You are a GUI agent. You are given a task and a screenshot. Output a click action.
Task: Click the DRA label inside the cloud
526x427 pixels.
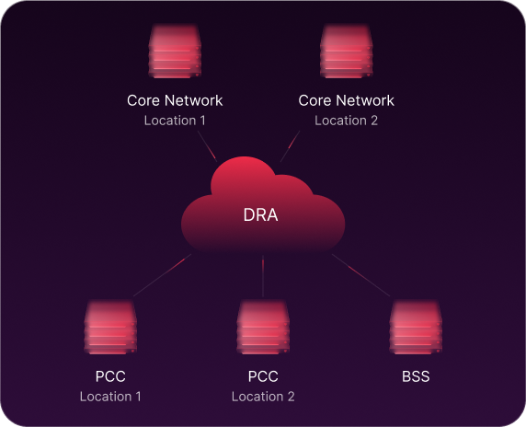pyautogui.click(x=260, y=214)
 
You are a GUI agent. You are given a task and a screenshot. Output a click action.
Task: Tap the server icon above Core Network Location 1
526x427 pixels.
pyautogui.click(x=175, y=51)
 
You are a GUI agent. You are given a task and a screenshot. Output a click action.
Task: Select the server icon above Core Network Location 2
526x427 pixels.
pyautogui.click(x=346, y=51)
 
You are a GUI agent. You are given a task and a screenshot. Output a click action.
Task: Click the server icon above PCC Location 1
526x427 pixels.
pyautogui.click(x=110, y=327)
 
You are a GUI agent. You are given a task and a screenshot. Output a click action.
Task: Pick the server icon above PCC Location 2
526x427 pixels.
pyautogui.click(x=263, y=327)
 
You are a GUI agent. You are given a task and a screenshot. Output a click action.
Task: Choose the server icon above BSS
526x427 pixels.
pyautogui.click(x=416, y=327)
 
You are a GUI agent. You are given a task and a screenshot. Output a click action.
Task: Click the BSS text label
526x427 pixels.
pyautogui.click(x=416, y=376)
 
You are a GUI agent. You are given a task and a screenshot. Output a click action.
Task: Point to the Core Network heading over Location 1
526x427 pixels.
pyautogui.click(x=175, y=100)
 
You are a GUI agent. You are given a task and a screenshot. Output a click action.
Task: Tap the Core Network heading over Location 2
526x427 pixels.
pyautogui.click(x=346, y=100)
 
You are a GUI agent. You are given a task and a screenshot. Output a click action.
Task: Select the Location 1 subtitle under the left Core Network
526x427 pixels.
pyautogui.click(x=175, y=121)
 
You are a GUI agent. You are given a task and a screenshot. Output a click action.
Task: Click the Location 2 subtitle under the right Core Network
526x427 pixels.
pyautogui.click(x=346, y=121)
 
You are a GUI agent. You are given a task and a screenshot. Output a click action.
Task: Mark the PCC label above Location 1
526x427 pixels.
pyautogui.click(x=110, y=376)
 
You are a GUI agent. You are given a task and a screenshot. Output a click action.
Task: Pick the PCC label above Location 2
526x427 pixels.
pyautogui.click(x=263, y=376)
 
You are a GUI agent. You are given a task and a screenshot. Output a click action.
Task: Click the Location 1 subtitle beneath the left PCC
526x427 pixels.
pyautogui.click(x=110, y=397)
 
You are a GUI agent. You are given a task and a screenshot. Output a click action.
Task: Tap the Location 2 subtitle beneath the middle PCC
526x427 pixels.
pyautogui.click(x=263, y=397)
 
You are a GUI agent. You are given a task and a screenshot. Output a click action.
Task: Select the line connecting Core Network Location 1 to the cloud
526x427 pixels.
pyautogui.click(x=207, y=146)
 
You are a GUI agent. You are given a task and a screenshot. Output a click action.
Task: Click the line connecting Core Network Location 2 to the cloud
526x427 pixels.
pyautogui.click(x=291, y=146)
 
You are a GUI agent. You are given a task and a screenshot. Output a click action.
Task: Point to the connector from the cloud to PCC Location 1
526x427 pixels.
pyautogui.click(x=163, y=275)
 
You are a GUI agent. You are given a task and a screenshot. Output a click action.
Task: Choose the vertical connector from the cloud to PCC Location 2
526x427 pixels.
pyautogui.click(x=263, y=276)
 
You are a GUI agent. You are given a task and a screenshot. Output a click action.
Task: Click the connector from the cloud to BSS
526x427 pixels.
pyautogui.click(x=361, y=275)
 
